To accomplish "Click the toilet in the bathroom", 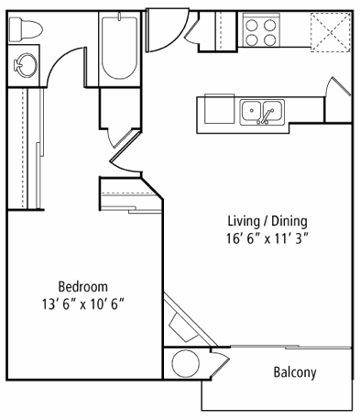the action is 26,29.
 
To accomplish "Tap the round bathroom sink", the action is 26,66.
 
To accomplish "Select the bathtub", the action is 119,48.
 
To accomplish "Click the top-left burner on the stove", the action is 252,26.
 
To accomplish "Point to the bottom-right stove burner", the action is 270,39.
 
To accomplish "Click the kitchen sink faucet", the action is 265,116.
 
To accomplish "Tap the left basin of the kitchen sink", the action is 251,111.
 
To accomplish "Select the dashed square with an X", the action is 331,32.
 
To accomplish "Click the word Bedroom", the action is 83,287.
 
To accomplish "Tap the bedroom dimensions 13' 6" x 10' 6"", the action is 83,304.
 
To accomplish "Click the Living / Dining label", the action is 267,221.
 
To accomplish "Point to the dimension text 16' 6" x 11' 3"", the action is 267,238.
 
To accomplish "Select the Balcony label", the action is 295,372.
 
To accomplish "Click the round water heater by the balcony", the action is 186,364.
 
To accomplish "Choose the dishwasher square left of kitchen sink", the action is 219,109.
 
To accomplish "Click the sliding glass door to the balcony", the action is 290,347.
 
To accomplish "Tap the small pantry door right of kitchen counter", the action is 338,86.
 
